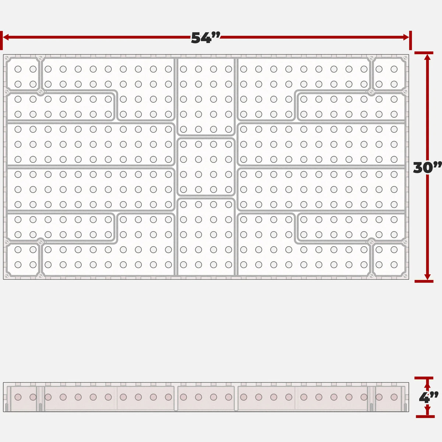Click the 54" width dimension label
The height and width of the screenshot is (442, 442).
pyautogui.click(x=206, y=38)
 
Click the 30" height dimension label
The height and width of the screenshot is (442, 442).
pyautogui.click(x=427, y=168)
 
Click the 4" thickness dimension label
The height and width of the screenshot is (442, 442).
pyautogui.click(x=428, y=397)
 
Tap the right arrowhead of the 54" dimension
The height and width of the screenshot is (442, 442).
pyautogui.click(x=406, y=37)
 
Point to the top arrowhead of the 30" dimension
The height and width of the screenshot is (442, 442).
pyautogui.click(x=427, y=57)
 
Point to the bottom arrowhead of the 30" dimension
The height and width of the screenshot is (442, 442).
pyautogui.click(x=427, y=277)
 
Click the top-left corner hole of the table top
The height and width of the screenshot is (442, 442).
pyautogui.click(x=18, y=69)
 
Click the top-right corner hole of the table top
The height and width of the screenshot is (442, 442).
pyautogui.click(x=394, y=69)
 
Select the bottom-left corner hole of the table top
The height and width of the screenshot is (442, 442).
pyautogui.click(x=18, y=265)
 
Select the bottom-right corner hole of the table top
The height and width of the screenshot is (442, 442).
pyautogui.click(x=394, y=265)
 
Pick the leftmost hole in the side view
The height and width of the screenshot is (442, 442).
pyautogui.click(x=18, y=397)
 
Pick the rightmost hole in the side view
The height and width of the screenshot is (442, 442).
pyautogui.click(x=394, y=397)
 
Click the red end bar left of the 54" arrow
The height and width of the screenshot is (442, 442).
pyautogui.click(x=1, y=41)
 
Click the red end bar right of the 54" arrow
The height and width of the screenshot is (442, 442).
pyautogui.click(x=410, y=41)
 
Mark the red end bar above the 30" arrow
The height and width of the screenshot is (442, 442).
pyautogui.click(x=424, y=53)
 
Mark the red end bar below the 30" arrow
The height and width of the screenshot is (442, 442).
pyautogui.click(x=424, y=281)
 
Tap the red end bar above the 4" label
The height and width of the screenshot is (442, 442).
pyautogui.click(x=424, y=378)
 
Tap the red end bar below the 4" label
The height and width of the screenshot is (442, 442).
pyautogui.click(x=425, y=417)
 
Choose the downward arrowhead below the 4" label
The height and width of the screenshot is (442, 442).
pyautogui.click(x=427, y=409)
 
